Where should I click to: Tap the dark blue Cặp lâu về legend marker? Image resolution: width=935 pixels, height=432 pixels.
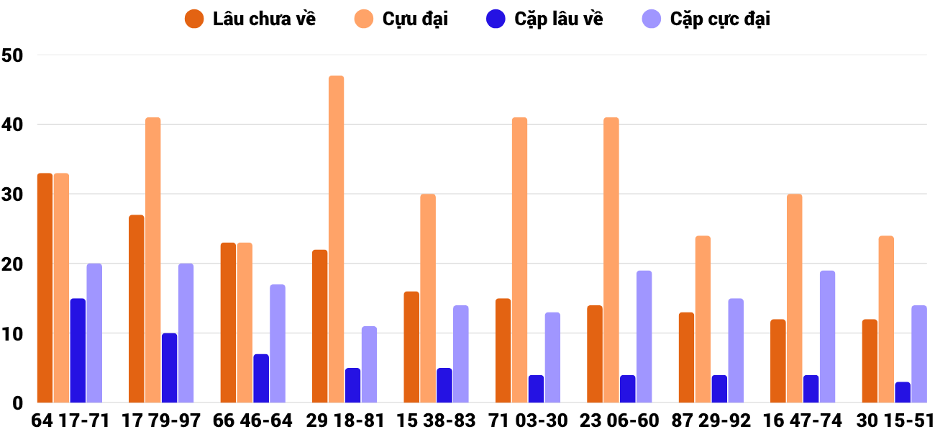496,19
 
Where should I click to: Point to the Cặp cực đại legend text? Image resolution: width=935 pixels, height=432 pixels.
720,19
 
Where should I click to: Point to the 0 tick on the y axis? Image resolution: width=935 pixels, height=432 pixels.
19,403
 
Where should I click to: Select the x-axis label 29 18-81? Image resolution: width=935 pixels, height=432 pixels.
345,420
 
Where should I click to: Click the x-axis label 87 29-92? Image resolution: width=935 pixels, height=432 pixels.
711,420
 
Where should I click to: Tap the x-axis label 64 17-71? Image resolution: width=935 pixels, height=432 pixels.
70,420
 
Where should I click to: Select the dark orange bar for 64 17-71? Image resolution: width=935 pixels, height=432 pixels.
45,288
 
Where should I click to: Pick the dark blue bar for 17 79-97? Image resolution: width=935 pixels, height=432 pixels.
169,368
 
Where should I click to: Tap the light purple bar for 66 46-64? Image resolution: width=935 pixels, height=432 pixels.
278,343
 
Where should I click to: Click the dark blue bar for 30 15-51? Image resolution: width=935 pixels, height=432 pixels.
903,392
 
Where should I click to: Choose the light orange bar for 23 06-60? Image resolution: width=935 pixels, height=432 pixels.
611,260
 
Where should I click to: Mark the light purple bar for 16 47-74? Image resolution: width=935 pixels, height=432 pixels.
827,337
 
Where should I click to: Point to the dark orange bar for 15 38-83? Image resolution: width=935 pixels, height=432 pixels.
411,347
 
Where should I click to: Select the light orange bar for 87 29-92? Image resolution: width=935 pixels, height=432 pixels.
703,319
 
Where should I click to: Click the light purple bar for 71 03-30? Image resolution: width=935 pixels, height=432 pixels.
552,358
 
